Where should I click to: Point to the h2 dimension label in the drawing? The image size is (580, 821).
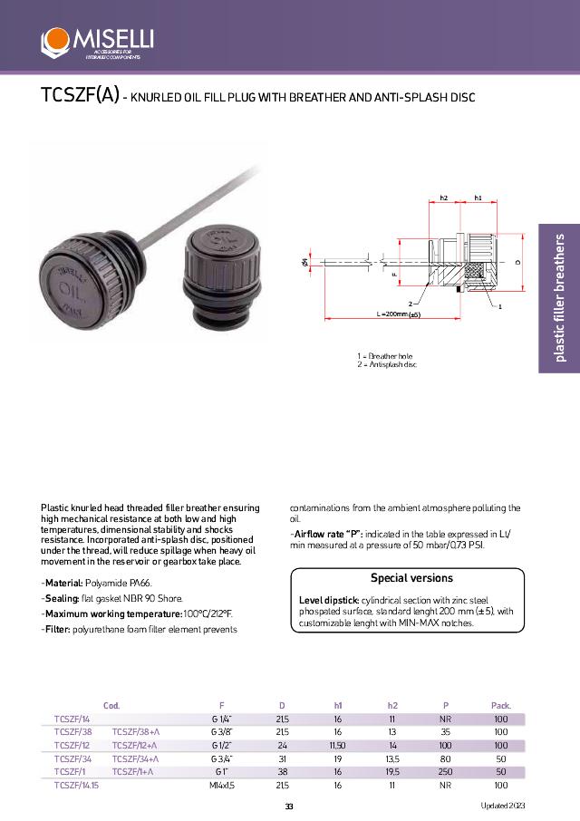click(444, 198)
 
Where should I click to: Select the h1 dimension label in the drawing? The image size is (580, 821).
click(478, 198)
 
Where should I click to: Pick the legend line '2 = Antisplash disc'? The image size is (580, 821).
click(387, 364)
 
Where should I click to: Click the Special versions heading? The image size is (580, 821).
click(411, 577)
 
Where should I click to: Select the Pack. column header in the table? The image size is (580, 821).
click(500, 705)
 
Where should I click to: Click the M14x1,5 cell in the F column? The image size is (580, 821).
click(222, 786)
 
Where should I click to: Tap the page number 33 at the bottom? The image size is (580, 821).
click(289, 807)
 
